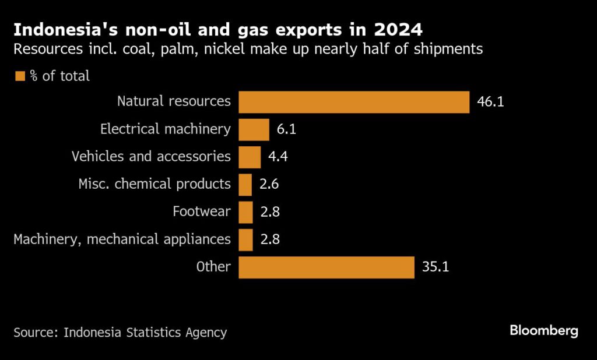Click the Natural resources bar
pos(354,102)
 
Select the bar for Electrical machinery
pos(254,129)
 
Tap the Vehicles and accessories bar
pos(250,157)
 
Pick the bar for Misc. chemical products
pos(245,185)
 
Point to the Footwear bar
pos(245,212)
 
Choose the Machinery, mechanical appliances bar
pos(245,239)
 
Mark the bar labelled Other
pos(326,267)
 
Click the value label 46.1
pos(490,102)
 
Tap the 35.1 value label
pos(435,267)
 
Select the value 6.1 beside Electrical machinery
pos(286,129)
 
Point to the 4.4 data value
pos(278,157)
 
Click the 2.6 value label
pos(269,185)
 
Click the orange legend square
pos(20,76)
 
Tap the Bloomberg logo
pos(544,331)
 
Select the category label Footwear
pos(202,212)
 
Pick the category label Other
pos(213,267)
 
